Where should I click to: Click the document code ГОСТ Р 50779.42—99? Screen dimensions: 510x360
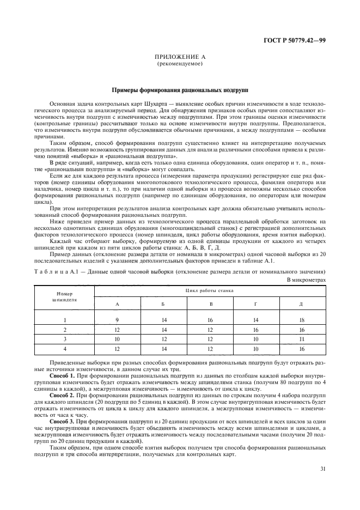coord(295,40)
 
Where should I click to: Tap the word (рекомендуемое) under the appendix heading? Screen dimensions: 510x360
coord(179,64)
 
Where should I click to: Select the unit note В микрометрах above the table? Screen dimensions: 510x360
coord(306,279)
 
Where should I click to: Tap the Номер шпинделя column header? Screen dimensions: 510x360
coord(65,296)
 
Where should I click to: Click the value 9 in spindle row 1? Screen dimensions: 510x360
coord(117,320)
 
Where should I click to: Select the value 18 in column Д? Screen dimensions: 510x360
coord(301,320)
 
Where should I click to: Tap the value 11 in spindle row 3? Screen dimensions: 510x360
coord(301,338)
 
